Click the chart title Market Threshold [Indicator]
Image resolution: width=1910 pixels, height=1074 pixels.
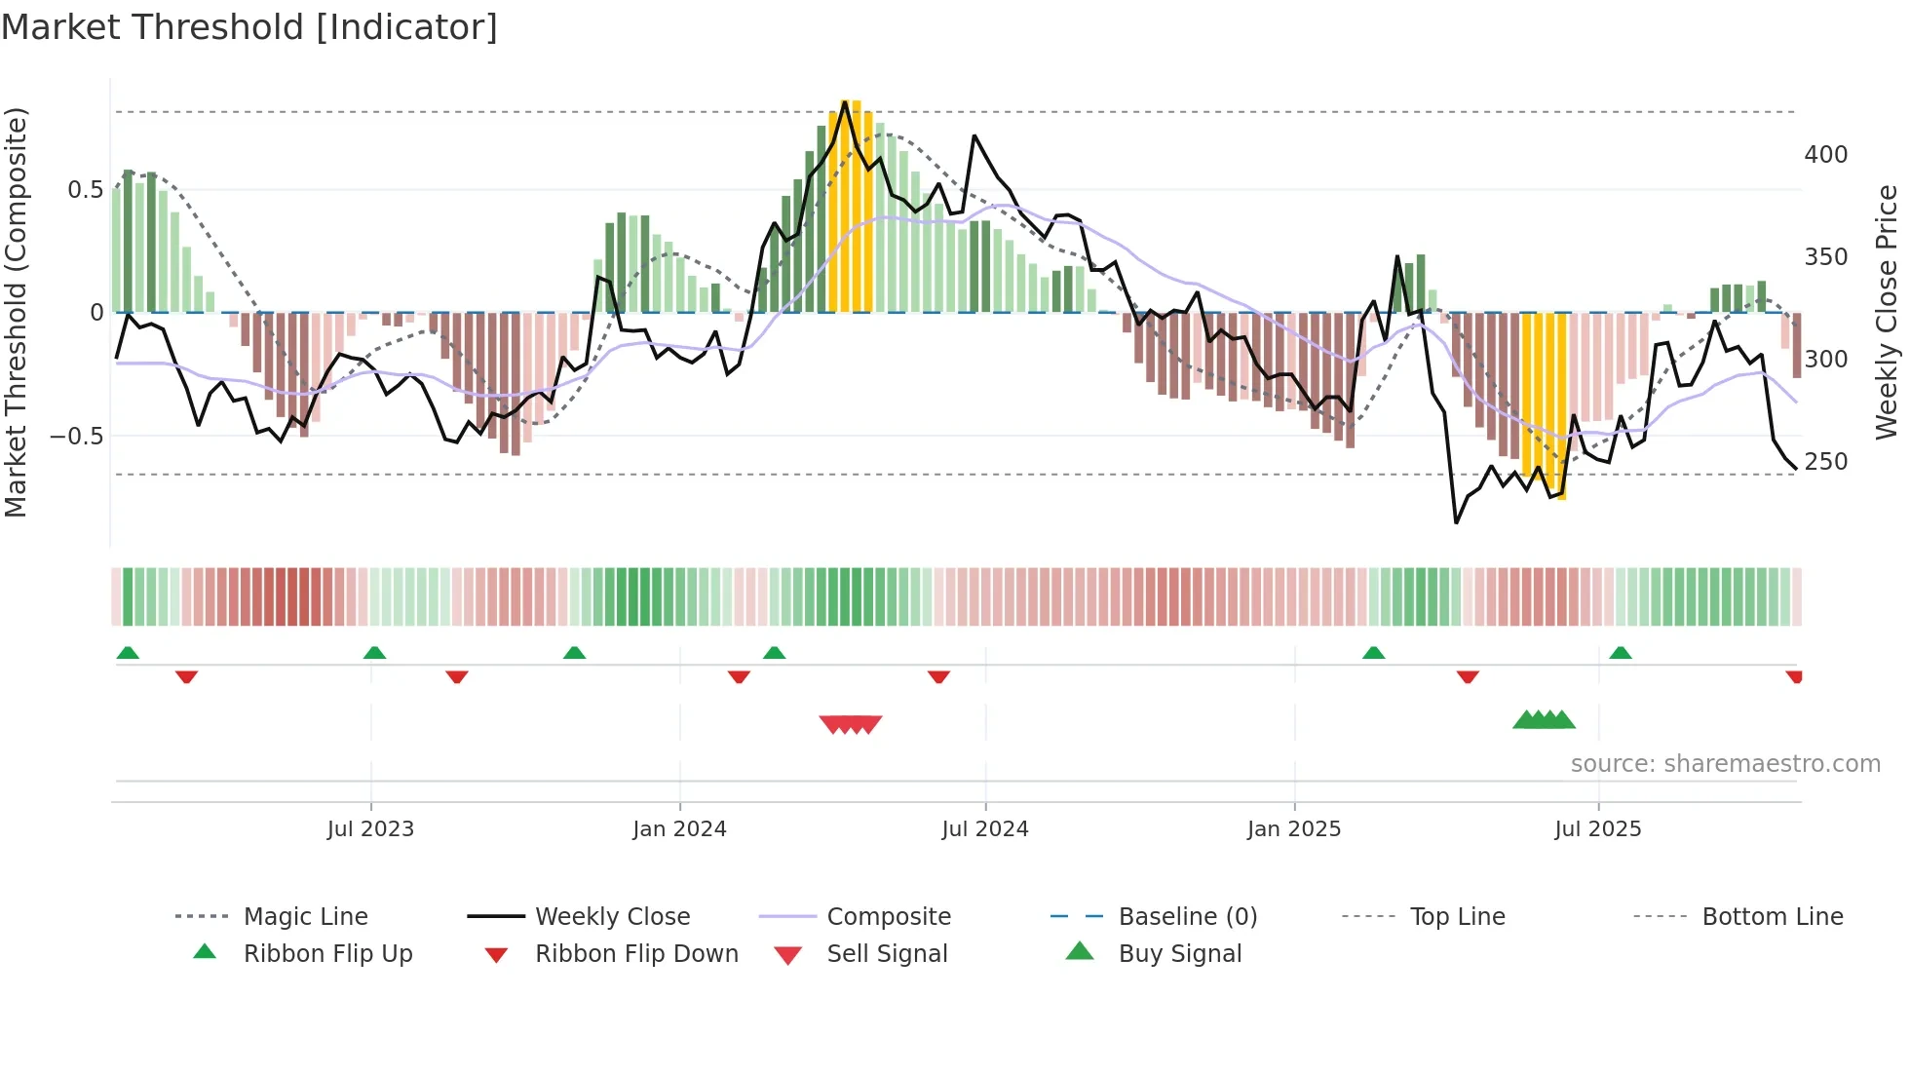(249, 27)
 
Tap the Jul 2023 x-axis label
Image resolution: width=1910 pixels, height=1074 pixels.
(370, 829)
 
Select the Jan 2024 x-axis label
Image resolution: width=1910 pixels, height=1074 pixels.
(679, 829)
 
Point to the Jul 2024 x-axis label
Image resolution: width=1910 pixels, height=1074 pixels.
(984, 829)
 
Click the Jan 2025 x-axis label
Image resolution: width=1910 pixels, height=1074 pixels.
(1293, 829)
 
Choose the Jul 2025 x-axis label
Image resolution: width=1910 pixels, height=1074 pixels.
(1597, 829)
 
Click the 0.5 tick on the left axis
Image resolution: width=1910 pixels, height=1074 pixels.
(85, 190)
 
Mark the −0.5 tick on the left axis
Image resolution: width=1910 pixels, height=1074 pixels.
(77, 436)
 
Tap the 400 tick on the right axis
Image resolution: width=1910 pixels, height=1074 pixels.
(1825, 155)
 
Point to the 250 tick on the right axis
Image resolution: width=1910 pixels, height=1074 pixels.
(1825, 462)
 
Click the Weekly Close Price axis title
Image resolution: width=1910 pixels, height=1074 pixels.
(1887, 312)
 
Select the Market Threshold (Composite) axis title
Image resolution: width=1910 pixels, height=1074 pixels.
(16, 312)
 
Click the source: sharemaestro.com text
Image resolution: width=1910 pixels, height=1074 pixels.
(1725, 764)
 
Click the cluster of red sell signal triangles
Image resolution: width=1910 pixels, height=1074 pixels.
(851, 724)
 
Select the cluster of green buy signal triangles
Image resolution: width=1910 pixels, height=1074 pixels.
(1544, 720)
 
